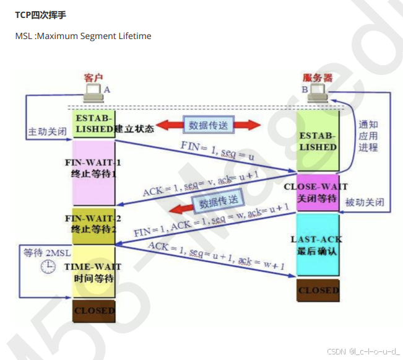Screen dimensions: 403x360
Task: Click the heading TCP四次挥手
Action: click(40, 14)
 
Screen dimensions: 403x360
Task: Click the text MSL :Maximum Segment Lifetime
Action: click(83, 36)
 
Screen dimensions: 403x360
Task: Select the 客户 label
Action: click(93, 77)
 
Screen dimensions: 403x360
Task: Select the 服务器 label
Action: click(318, 77)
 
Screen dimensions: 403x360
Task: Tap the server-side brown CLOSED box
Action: click(318, 290)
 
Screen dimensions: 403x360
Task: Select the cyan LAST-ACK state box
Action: click(318, 245)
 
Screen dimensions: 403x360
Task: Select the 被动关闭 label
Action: click(365, 203)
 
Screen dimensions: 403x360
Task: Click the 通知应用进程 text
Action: click(368, 135)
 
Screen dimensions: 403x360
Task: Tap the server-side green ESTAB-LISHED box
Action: click(318, 141)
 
